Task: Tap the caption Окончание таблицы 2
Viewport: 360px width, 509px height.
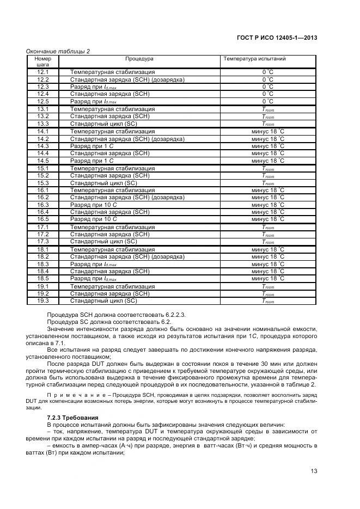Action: (58, 51)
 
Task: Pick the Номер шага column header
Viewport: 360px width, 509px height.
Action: (43, 61)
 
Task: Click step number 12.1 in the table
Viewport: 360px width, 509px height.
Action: (43, 72)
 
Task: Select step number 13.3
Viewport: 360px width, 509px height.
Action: (43, 124)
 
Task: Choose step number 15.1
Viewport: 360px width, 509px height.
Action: (43, 168)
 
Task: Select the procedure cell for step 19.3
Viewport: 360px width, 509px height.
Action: (103, 301)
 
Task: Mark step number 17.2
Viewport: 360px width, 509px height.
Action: (43, 234)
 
